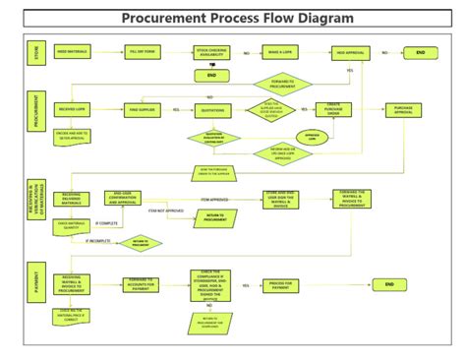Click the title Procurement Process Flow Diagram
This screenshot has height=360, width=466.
click(x=237, y=19)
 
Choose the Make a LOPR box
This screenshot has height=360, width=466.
click(x=279, y=52)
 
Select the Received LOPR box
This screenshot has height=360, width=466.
click(x=76, y=110)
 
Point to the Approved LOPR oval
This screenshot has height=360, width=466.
click(x=312, y=137)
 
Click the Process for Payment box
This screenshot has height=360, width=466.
click(x=279, y=284)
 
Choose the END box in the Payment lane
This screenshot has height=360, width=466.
click(x=389, y=284)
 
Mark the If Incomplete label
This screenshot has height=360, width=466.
click(x=99, y=239)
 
